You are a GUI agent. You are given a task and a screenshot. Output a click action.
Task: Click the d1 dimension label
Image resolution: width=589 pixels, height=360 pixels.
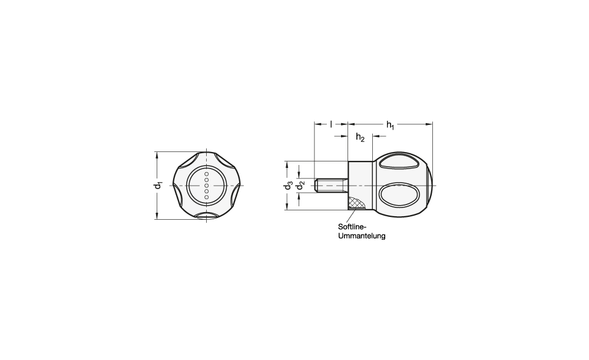159,185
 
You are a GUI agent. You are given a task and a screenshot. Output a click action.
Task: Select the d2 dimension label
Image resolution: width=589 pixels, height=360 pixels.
300,186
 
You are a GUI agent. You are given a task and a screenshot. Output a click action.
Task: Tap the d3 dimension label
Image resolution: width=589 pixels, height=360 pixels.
288,186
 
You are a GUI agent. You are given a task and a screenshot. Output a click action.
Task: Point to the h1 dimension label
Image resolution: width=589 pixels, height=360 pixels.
391,125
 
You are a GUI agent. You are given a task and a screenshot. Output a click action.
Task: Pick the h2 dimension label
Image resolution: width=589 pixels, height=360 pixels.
360,137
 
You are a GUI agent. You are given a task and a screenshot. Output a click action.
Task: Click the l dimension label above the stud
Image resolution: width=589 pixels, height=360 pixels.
331,124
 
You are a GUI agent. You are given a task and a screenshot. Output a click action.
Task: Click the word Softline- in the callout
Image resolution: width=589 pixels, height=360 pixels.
352,227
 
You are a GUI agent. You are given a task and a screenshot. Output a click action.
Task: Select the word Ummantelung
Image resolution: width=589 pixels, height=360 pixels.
362,236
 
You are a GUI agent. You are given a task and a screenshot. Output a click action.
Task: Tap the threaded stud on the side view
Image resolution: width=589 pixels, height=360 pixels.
331,186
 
